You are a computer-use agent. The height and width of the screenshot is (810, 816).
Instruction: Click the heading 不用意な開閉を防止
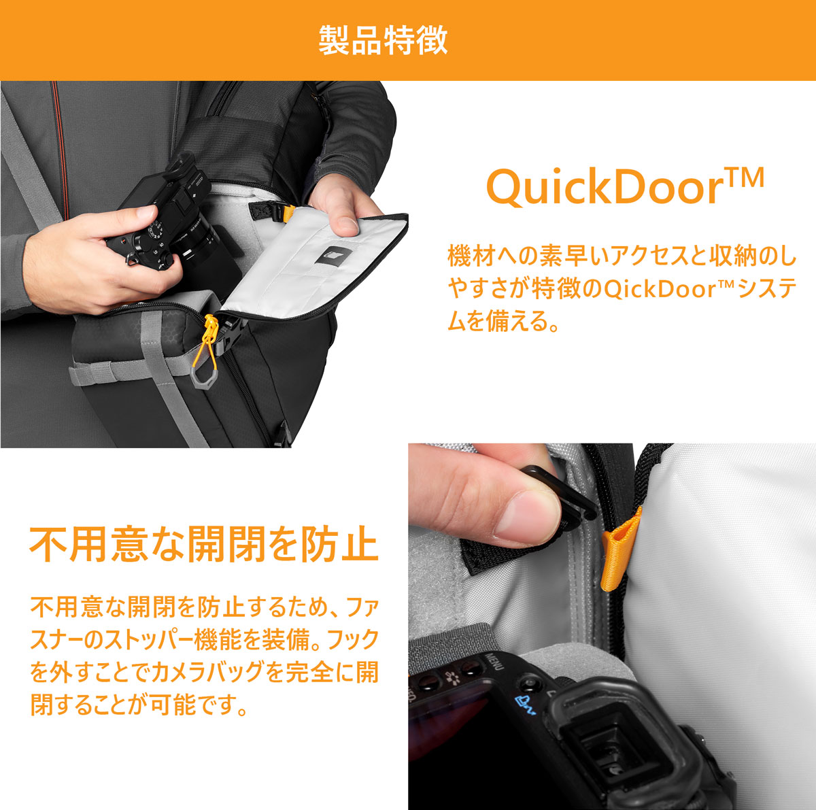click(x=204, y=544)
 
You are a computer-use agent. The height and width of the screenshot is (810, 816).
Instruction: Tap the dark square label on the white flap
click(x=333, y=256)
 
